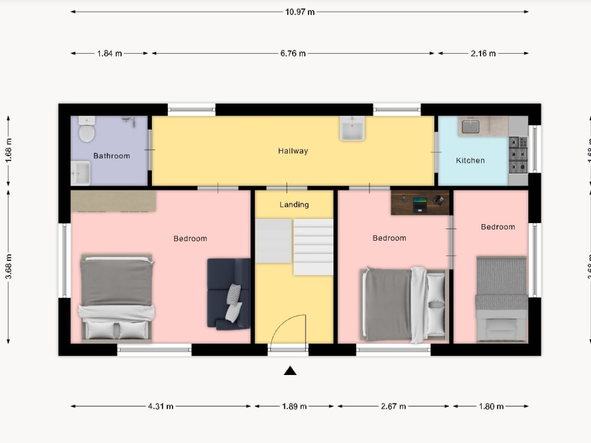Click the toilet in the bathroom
point(87,129)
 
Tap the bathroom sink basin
point(80,173)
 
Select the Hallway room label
point(293,151)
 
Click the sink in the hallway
point(352,128)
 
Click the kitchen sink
point(471,127)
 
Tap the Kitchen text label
point(470,160)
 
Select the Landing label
point(294,205)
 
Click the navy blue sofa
point(228,293)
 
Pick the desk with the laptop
point(420,202)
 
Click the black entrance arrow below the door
point(290,371)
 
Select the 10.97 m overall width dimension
point(300,11)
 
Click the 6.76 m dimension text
point(293,53)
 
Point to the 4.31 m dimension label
point(161,406)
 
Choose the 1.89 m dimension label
point(294,406)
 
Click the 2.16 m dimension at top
point(483,53)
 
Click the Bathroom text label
point(112,156)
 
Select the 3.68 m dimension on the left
point(8,266)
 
